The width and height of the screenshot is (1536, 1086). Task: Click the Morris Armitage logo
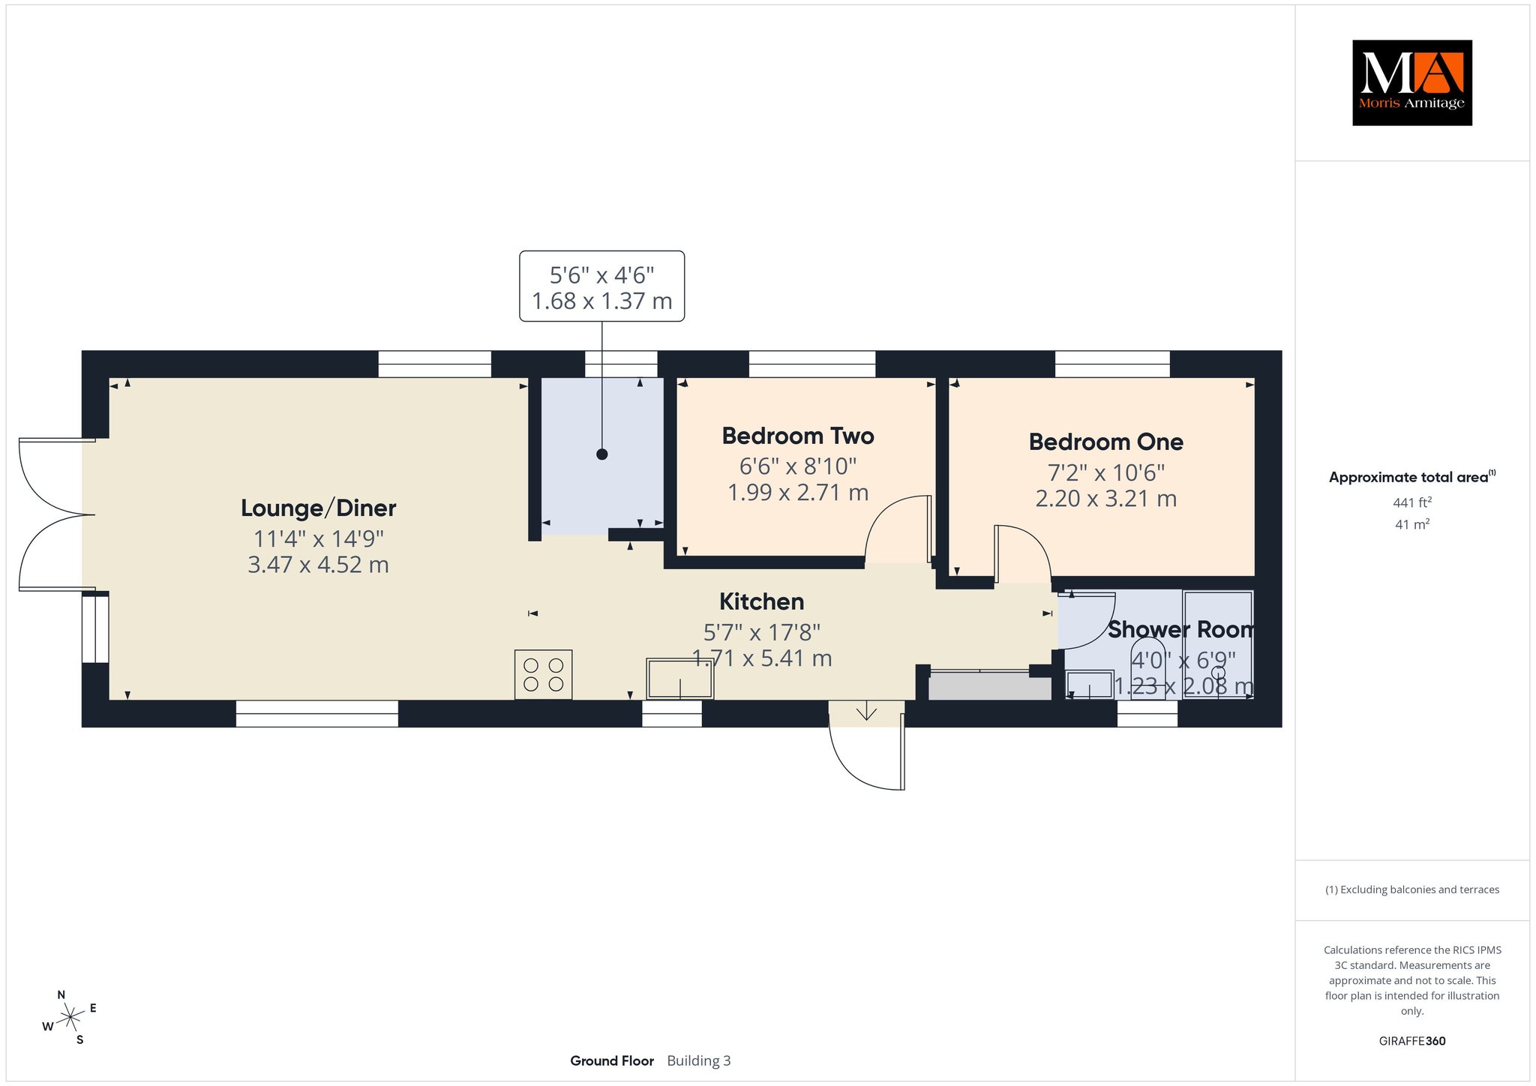pos(1411,82)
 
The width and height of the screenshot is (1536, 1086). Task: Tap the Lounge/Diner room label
pos(318,508)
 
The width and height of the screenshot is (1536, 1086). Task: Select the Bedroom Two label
pos(798,436)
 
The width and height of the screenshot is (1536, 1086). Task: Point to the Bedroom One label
pos(1105,442)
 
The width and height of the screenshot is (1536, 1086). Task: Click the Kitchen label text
pos(761,601)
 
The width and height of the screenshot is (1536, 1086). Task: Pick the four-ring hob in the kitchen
pos(544,674)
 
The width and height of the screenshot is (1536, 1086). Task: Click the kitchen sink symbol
pos(680,679)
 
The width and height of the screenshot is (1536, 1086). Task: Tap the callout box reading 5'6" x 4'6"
pos(601,286)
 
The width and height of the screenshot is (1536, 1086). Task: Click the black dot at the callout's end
pos(601,454)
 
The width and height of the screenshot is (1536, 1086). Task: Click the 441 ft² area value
pos(1412,502)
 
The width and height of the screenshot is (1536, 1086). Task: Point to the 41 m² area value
pos(1412,524)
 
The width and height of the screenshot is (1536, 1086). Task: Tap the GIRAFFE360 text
pos(1412,1041)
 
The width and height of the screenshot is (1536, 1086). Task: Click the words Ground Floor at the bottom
pos(612,1060)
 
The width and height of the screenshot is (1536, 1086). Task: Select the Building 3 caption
pos(699,1060)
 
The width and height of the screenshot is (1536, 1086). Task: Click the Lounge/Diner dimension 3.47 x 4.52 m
pos(318,564)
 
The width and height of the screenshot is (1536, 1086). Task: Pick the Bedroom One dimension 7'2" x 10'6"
pos(1105,472)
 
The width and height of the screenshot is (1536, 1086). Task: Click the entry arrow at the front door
pos(866,710)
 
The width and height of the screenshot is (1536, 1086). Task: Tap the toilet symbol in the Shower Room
pos(1148,667)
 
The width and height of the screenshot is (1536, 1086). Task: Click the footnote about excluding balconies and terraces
pos(1412,889)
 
